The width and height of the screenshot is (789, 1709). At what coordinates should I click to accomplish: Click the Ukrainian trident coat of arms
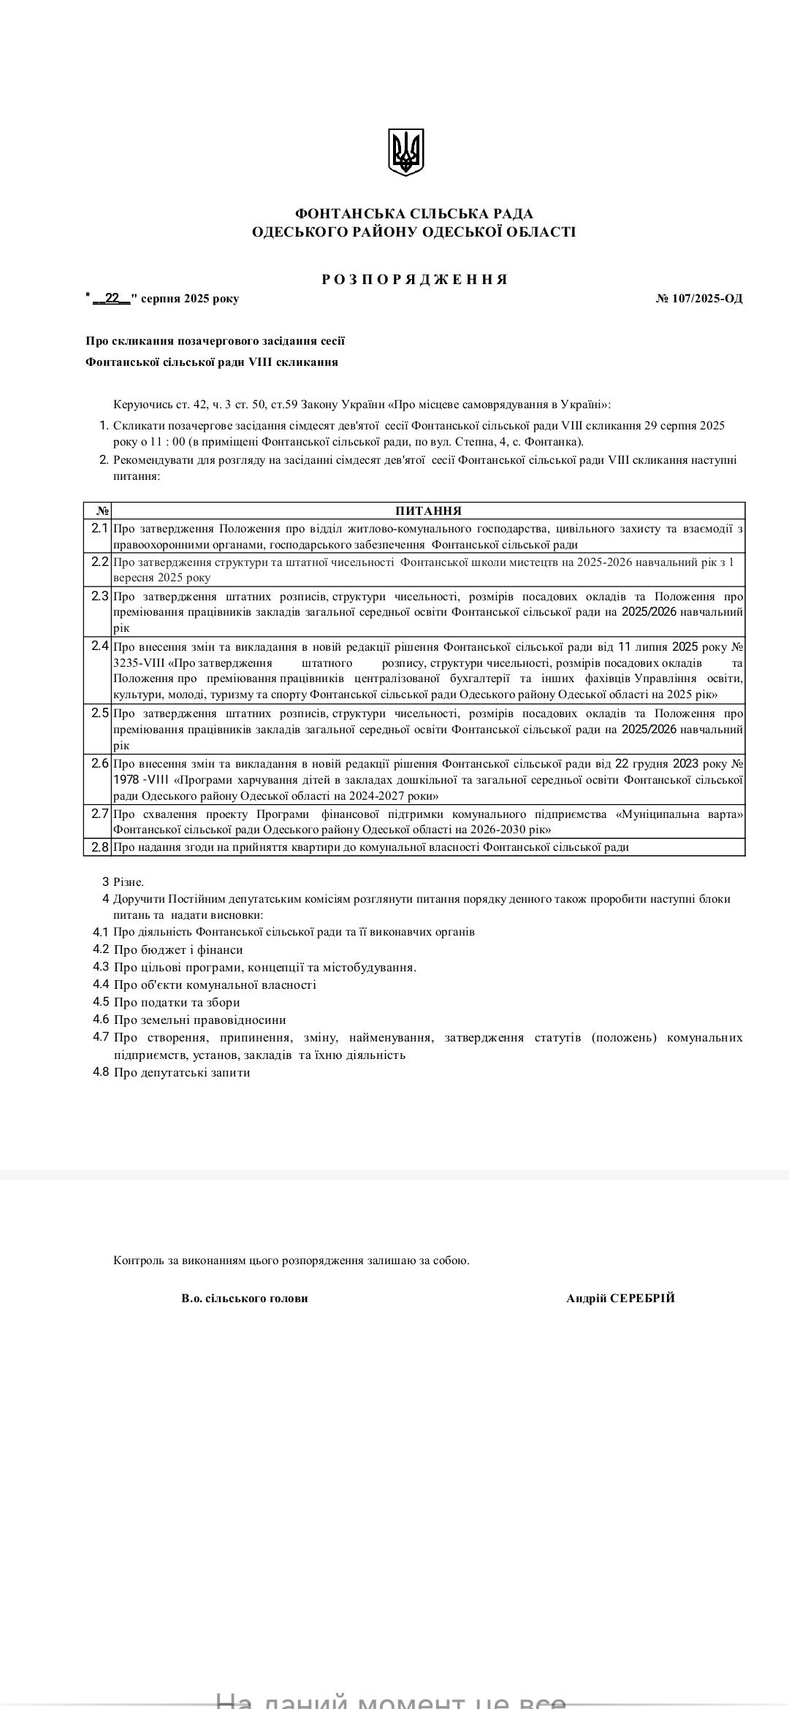pos(405,152)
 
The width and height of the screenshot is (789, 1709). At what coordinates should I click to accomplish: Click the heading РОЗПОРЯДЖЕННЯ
pos(414,280)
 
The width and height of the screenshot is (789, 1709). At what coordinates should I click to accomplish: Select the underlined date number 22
pos(112,298)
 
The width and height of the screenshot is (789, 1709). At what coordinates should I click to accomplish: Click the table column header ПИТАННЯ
pos(428,511)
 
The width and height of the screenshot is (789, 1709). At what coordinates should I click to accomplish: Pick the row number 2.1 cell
pos(99,528)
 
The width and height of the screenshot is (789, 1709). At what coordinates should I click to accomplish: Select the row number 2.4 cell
pos(99,646)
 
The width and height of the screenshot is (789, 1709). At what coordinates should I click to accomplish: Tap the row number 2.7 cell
pos(99,814)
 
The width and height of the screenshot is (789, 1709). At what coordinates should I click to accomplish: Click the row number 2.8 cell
pos(99,847)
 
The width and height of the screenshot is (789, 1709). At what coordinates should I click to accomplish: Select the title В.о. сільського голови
pos(245,1298)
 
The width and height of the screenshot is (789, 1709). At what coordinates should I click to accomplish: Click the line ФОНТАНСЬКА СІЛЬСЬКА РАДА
pos(414,214)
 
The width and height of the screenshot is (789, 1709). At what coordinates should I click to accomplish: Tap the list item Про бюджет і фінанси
pos(178,949)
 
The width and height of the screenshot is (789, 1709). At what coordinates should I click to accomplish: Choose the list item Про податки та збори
pos(177,1002)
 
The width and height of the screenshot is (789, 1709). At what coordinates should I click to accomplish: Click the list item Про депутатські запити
pos(182,1072)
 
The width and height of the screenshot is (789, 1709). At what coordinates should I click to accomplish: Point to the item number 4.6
pos(101,1020)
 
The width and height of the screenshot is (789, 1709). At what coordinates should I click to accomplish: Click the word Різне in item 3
pos(129,882)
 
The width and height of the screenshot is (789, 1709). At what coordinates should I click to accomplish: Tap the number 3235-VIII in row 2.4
pos(140,663)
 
